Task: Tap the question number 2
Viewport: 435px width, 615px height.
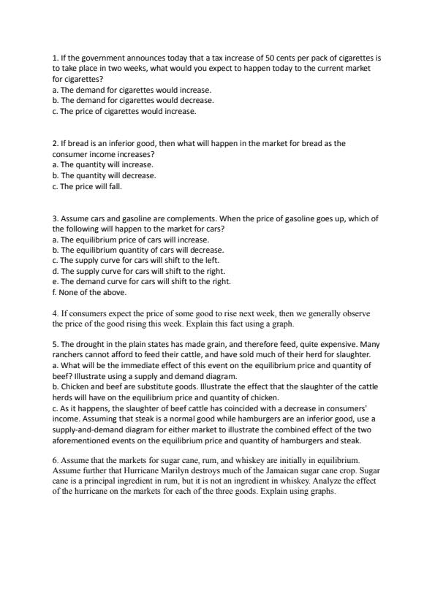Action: [55, 144]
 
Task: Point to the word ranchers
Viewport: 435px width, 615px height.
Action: [69, 354]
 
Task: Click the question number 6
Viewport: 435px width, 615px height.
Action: [55, 461]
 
